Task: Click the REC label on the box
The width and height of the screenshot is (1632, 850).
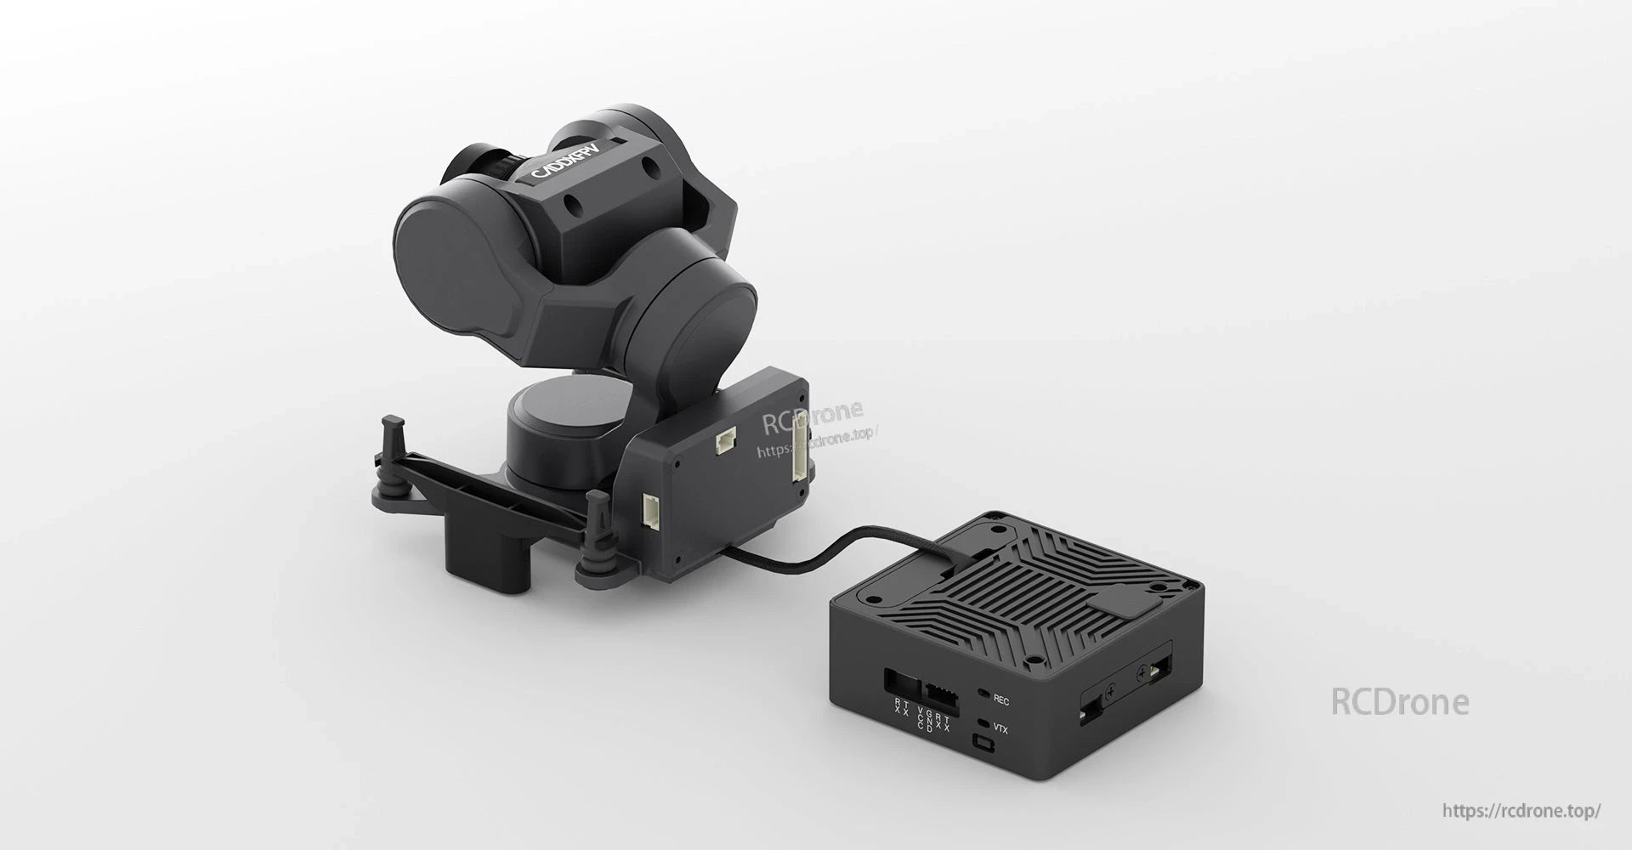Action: [x=1000, y=700]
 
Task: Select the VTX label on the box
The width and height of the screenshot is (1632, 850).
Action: [x=1000, y=728]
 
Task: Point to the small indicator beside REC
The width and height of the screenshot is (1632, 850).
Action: [x=983, y=695]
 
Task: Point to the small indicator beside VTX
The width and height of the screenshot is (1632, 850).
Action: [x=983, y=724]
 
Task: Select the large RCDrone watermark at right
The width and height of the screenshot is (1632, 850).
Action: [x=1399, y=702]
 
